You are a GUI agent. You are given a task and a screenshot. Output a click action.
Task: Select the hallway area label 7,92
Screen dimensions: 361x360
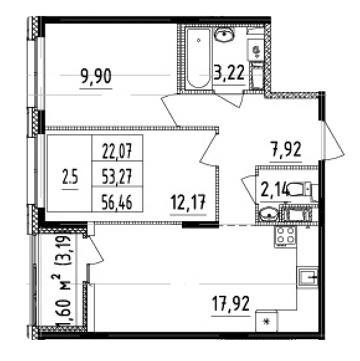[286, 150]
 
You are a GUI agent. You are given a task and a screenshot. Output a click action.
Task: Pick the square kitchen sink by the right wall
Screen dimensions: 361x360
[308, 278]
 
